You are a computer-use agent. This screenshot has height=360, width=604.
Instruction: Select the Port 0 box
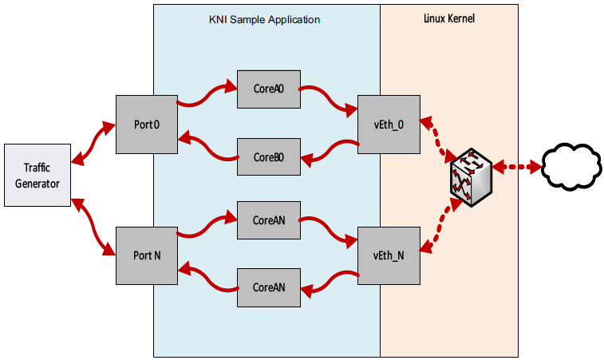[x=147, y=125]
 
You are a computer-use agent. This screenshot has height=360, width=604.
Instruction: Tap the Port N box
[x=147, y=255]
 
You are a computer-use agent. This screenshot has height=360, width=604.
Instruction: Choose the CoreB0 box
[x=268, y=157]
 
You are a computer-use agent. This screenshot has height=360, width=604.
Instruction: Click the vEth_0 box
[x=389, y=125]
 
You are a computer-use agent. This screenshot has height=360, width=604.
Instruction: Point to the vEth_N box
[x=389, y=255]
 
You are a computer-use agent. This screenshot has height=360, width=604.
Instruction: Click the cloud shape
[x=570, y=167]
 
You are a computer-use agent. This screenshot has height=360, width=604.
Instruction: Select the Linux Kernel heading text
[x=448, y=18]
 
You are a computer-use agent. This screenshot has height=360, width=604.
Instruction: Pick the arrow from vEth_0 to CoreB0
[x=329, y=150]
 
